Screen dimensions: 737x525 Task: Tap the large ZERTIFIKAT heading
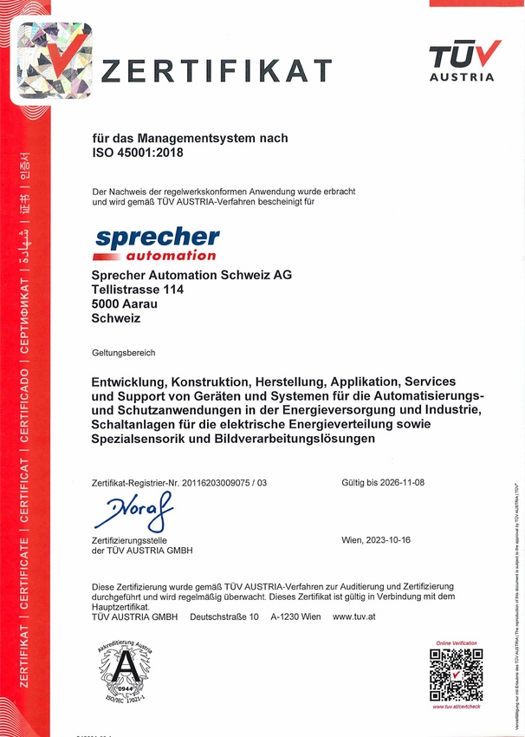(x=217, y=69)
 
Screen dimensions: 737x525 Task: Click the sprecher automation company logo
(x=156, y=244)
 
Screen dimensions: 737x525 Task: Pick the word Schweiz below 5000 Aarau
(x=115, y=318)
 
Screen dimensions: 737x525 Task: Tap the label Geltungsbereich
(x=123, y=353)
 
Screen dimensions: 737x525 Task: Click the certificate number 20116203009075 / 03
(x=220, y=482)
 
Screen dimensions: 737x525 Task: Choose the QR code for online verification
(x=456, y=674)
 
